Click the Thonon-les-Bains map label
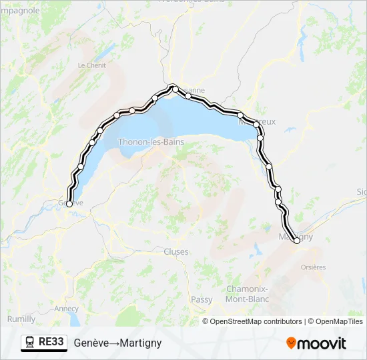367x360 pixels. (150, 142)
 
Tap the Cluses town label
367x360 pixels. (176, 252)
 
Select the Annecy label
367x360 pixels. (67, 309)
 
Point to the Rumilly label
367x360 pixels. (21, 319)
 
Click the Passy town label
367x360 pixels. (202, 300)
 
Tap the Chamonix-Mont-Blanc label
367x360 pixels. (247, 295)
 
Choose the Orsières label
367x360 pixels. (313, 267)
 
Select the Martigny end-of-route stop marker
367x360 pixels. (297, 241)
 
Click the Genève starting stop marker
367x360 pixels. (69, 204)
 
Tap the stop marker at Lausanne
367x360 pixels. (174, 87)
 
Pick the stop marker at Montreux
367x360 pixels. (256, 124)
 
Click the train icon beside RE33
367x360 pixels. (29, 343)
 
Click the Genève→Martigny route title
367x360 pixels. (117, 343)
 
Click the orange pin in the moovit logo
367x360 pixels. (291, 343)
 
